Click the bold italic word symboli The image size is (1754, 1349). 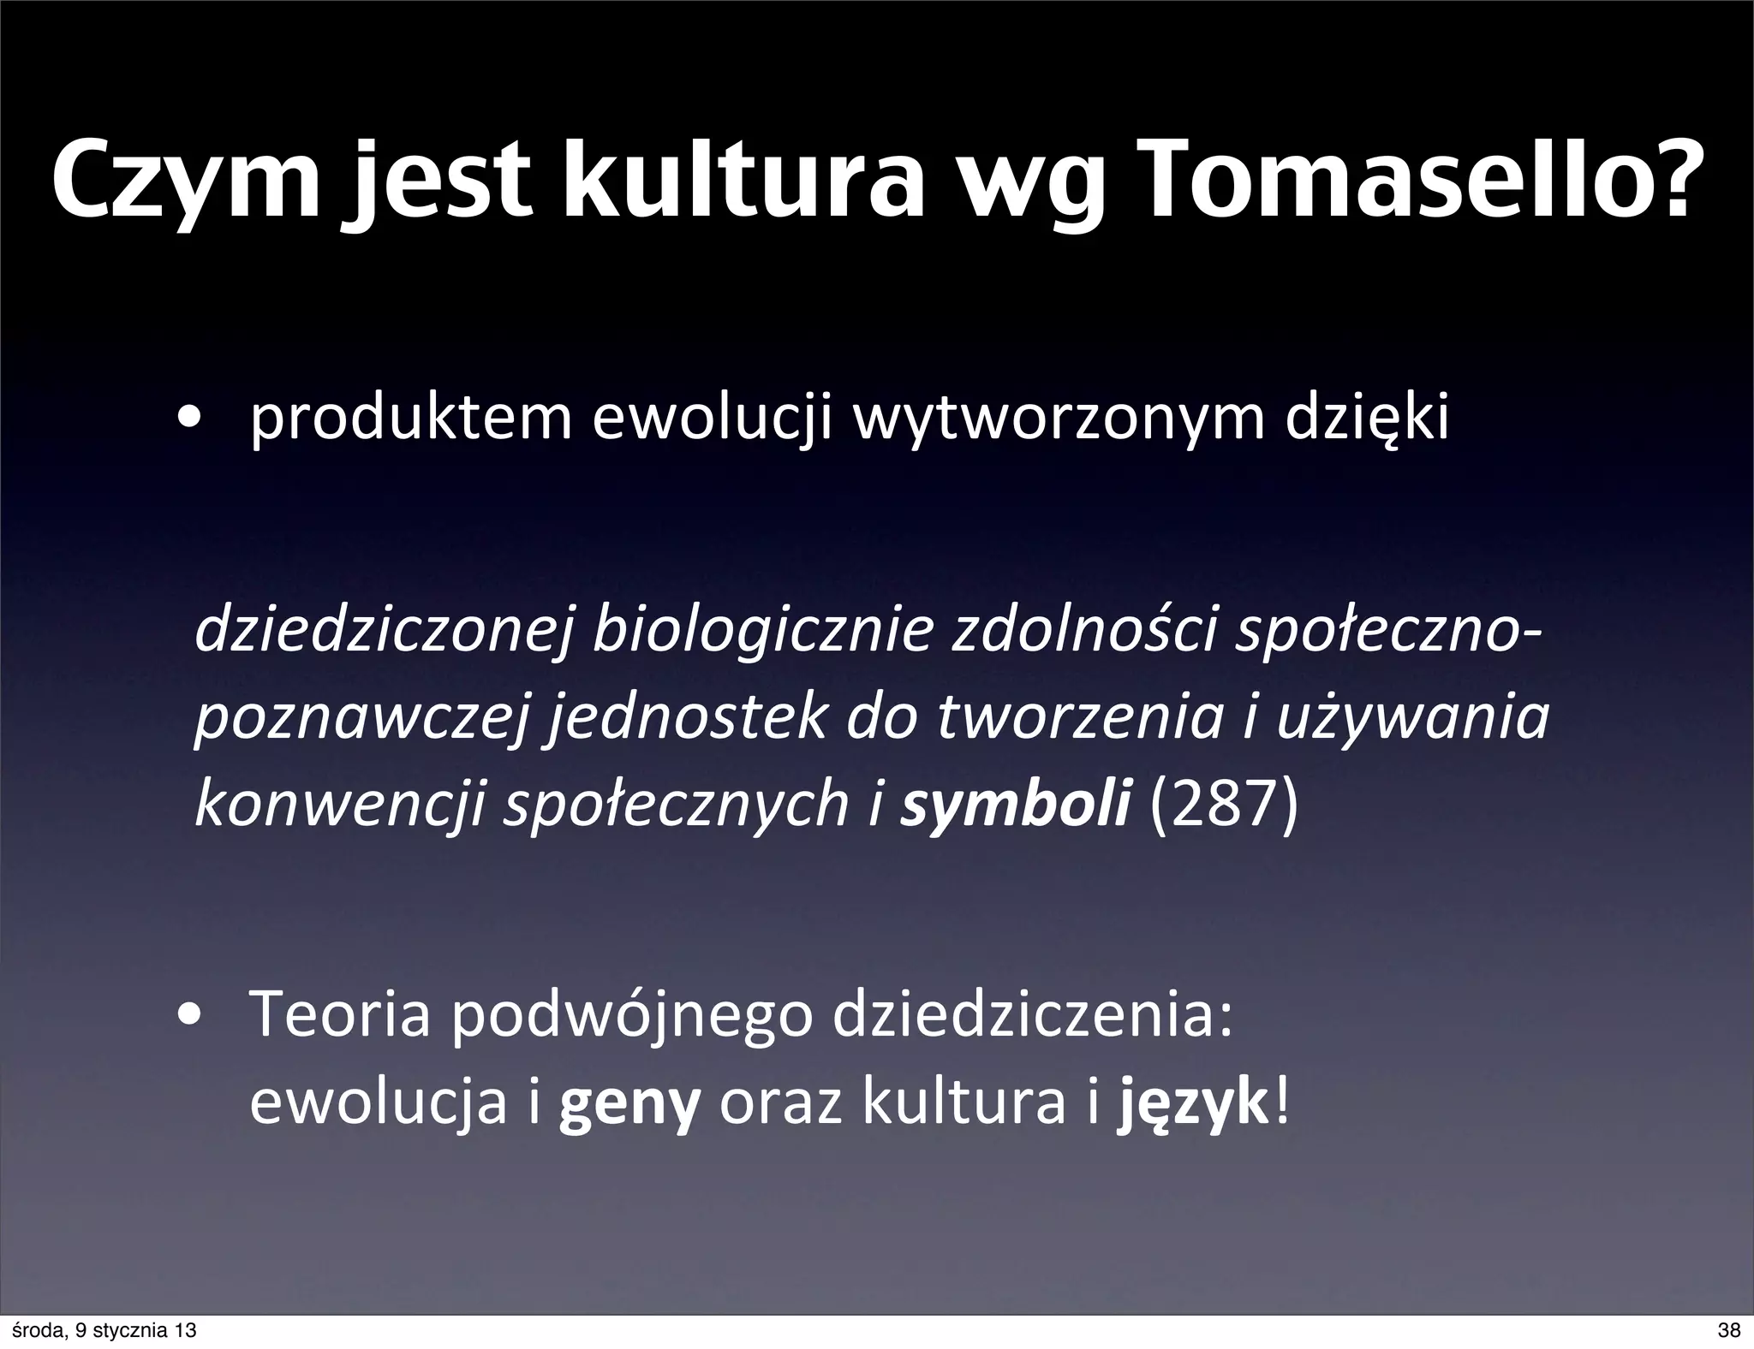(x=1015, y=805)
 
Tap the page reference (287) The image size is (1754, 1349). (x=1225, y=805)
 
